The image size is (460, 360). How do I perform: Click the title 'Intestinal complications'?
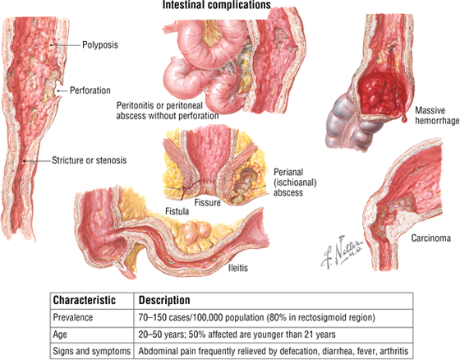[x=217, y=5]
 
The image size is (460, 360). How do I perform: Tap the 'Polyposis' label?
[x=100, y=45]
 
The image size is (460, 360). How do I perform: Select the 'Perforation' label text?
[x=90, y=90]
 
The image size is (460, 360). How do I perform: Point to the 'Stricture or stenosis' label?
[x=90, y=160]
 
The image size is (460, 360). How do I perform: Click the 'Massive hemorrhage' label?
[x=437, y=115]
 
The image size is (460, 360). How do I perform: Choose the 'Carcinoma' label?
[x=430, y=238]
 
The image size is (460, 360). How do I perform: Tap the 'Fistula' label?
[x=177, y=211]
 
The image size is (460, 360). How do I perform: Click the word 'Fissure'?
[x=207, y=202]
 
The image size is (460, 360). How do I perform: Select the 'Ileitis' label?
[x=238, y=268]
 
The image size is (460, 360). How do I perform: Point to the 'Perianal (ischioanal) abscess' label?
[x=295, y=182]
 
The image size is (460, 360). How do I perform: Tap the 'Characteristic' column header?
[x=84, y=300]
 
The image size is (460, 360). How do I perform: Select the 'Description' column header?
[x=164, y=300]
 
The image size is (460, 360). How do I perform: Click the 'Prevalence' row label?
[x=73, y=317]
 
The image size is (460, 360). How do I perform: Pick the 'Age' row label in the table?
[x=59, y=335]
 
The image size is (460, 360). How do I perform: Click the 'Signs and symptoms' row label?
[x=91, y=351]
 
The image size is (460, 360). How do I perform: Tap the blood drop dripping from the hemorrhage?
[x=404, y=118]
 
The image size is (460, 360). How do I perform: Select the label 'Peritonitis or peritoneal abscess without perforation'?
[x=168, y=111]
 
